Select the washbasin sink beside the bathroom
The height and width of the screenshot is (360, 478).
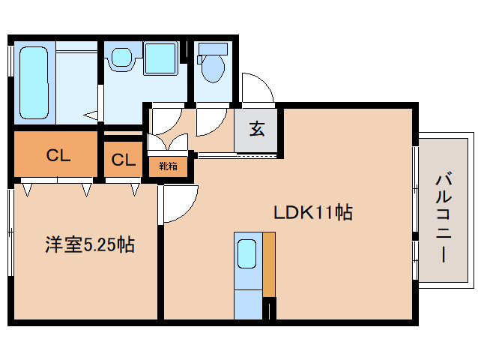click(x=120, y=58)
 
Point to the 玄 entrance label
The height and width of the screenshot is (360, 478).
click(x=257, y=129)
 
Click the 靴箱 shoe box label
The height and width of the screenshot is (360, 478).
click(x=168, y=166)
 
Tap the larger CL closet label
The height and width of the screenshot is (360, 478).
click(x=58, y=156)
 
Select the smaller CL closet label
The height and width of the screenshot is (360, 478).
click(x=123, y=160)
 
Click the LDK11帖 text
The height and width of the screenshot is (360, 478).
click(x=312, y=212)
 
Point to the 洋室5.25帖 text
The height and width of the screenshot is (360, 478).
click(x=89, y=244)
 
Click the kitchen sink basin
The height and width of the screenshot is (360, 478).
click(x=246, y=254)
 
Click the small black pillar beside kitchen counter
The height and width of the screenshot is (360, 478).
click(x=271, y=307)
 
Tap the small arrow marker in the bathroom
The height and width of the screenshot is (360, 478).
click(x=91, y=115)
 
